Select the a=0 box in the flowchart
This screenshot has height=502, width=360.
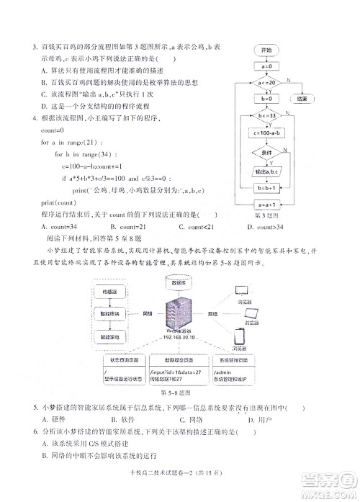point(266,67)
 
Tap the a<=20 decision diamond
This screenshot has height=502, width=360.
point(266,83)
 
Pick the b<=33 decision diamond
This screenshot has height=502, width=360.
point(266,115)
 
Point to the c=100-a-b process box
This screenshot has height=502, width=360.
point(266,133)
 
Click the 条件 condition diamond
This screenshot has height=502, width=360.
point(266,153)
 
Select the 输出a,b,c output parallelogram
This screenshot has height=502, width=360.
point(266,171)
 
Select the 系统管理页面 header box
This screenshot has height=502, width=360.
point(250,359)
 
